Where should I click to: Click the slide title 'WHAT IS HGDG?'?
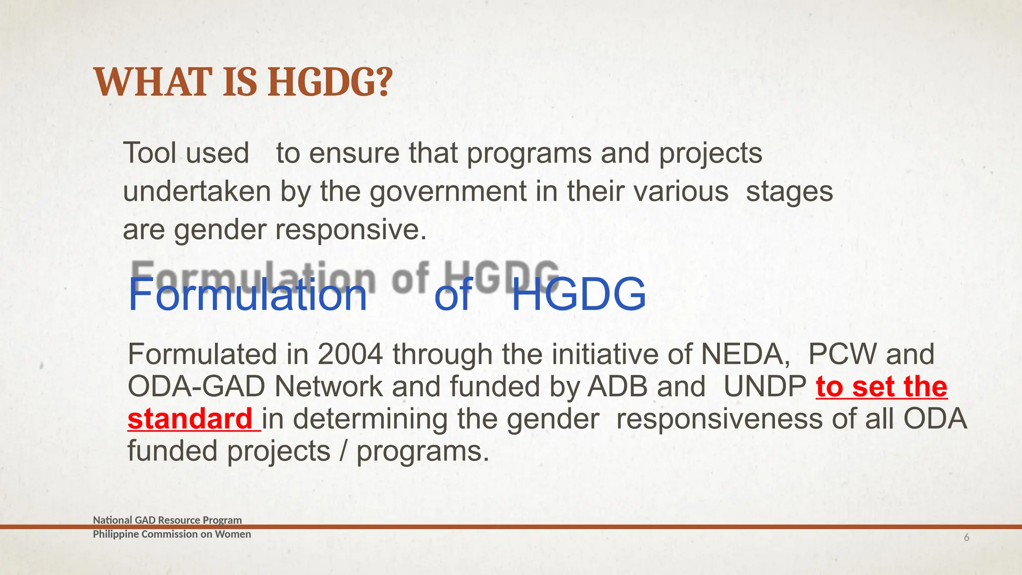tap(243, 82)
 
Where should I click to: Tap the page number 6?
tap(967, 538)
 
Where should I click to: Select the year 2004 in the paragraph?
tap(350, 354)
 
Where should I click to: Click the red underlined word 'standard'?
tap(190, 419)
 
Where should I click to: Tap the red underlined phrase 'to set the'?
tap(881, 387)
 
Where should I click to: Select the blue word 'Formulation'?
tap(248, 294)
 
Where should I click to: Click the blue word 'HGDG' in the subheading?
tap(578, 294)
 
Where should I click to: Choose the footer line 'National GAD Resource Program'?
tap(167, 520)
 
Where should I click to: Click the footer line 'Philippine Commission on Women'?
tap(172, 534)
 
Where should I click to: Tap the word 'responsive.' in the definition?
tap(351, 230)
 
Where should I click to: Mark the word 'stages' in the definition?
tap(789, 192)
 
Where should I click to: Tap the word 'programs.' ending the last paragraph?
tap(423, 451)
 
